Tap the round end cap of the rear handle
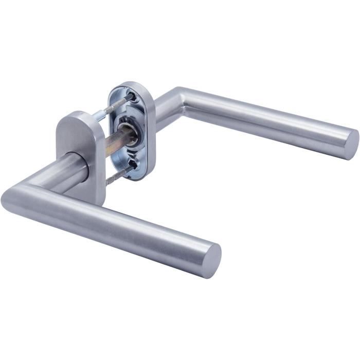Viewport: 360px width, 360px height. [351, 143]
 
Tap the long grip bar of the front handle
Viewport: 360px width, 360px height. [118, 226]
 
